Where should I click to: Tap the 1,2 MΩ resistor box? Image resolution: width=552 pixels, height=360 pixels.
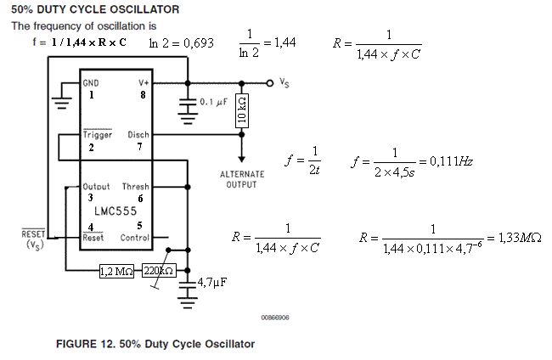(x=117, y=272)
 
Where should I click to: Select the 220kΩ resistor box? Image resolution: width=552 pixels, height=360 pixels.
(x=159, y=272)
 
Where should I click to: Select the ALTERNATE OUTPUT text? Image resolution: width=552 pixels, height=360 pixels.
(x=242, y=179)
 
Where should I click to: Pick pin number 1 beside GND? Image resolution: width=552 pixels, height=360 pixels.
(x=90, y=95)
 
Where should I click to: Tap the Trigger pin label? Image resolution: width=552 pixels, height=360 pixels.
(x=98, y=135)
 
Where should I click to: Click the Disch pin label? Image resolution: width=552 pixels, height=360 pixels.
(x=138, y=135)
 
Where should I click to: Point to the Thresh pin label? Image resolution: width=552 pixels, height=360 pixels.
(x=135, y=187)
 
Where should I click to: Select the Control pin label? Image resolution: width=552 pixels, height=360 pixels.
(x=135, y=238)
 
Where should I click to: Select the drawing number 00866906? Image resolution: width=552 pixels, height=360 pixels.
(x=276, y=317)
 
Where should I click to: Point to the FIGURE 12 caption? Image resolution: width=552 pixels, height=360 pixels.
(x=155, y=344)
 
